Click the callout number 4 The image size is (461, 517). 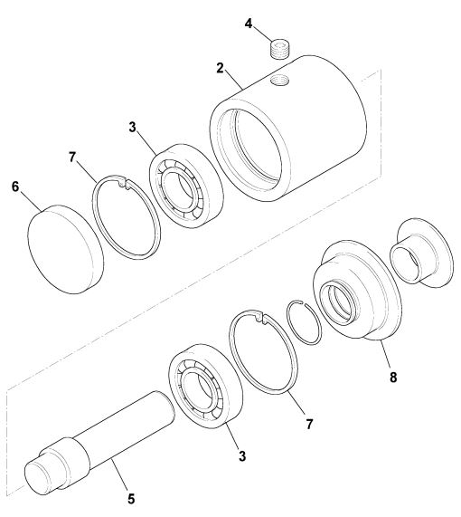click(x=249, y=24)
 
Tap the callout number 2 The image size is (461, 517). click(x=220, y=68)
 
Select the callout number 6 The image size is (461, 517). click(x=15, y=187)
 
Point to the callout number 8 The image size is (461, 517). click(x=393, y=378)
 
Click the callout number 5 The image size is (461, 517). click(x=131, y=499)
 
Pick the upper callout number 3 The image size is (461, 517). click(x=132, y=127)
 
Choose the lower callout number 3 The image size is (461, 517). click(x=242, y=456)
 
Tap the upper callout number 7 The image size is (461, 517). click(x=72, y=157)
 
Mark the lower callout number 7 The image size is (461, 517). click(x=309, y=424)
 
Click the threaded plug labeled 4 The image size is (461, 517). click(x=280, y=49)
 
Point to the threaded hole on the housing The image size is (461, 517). click(x=279, y=80)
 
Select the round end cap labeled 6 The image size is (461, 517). click(x=65, y=249)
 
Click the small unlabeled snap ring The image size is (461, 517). click(x=304, y=322)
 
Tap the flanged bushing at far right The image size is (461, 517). click(x=422, y=253)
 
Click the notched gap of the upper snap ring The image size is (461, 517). click(x=124, y=183)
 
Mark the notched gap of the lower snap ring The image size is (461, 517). click(x=261, y=318)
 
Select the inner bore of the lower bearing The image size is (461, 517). click(x=197, y=389)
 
